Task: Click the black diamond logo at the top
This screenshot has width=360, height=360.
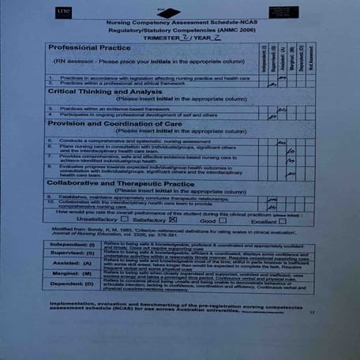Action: pos(169,13)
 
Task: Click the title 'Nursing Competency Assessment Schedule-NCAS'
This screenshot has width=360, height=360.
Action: pos(176,24)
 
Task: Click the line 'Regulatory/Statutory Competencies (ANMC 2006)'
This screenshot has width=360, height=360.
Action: pos(176,32)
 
